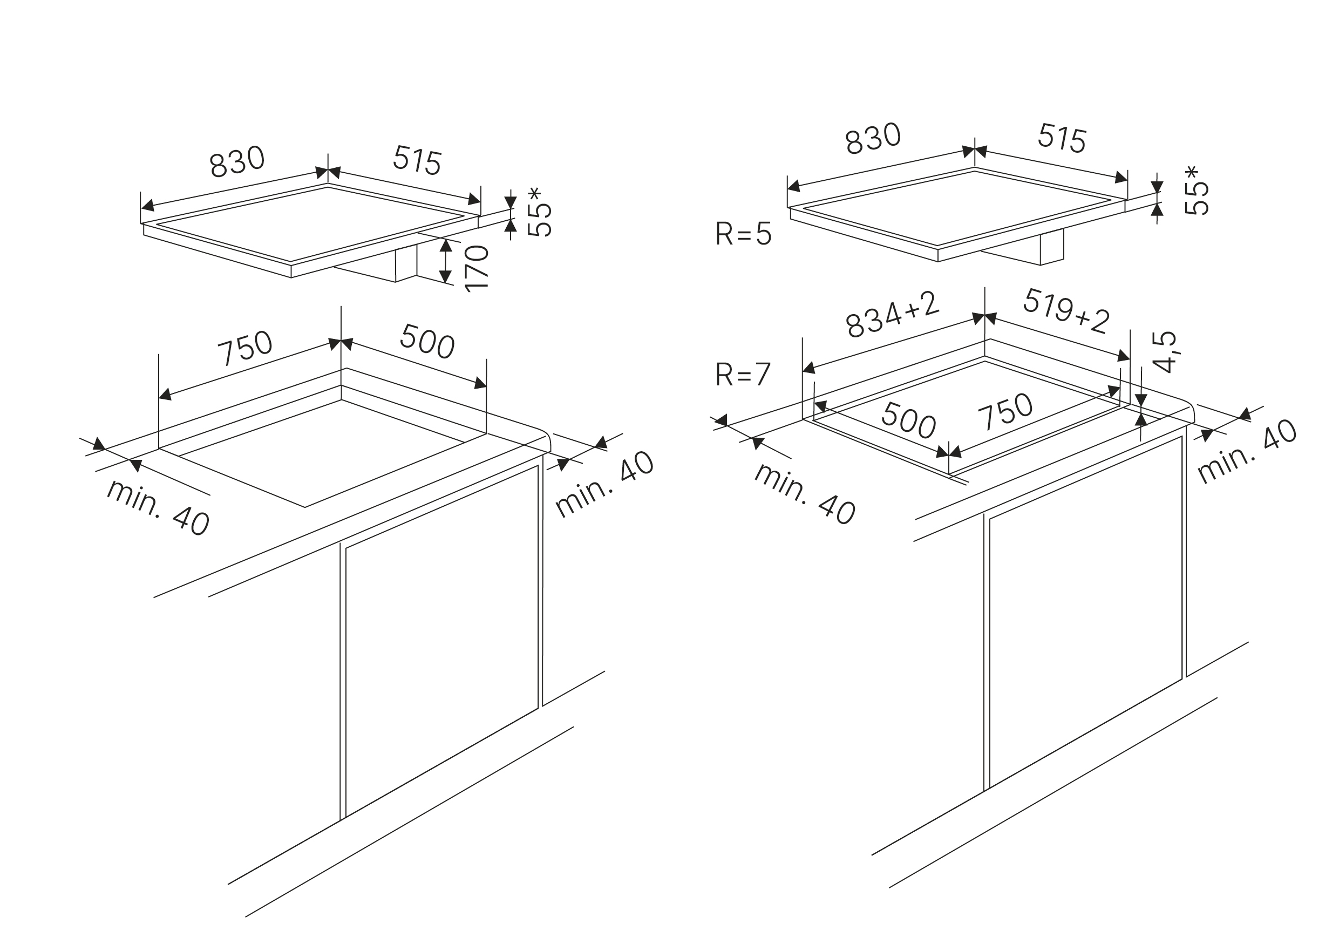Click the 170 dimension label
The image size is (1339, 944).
(476, 268)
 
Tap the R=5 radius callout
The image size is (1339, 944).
(743, 234)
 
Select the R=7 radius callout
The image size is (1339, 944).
(743, 375)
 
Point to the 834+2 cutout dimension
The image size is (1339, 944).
(892, 315)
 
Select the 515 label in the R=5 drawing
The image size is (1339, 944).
(1062, 139)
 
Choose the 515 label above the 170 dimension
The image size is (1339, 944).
(417, 160)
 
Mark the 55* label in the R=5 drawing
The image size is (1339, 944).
(1197, 190)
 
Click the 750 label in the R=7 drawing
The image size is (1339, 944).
(1005, 412)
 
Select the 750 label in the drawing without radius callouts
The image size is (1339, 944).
(245, 348)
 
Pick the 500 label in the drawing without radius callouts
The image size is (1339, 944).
(427, 341)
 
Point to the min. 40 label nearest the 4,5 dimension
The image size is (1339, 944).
(1247, 451)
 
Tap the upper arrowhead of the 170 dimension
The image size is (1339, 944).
(446, 245)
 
